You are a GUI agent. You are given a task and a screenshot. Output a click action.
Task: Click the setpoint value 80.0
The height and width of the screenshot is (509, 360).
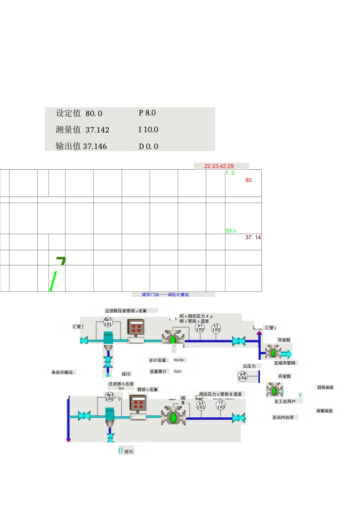(x=94, y=114)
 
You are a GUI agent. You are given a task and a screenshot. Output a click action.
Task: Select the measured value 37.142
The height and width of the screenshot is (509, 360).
(x=97, y=130)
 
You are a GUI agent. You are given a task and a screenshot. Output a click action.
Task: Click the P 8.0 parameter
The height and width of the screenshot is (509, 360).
(x=147, y=113)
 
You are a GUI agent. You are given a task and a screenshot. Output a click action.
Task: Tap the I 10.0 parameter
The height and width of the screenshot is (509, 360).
(x=148, y=130)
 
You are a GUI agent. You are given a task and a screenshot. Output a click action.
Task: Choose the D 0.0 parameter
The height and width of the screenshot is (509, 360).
(x=148, y=147)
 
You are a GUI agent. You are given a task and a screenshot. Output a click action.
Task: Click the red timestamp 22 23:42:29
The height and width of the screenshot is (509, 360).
(x=219, y=166)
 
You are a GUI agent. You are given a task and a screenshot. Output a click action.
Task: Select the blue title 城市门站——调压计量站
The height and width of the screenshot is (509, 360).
(x=165, y=295)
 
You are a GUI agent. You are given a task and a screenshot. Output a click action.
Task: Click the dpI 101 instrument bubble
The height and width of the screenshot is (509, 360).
(x=108, y=322)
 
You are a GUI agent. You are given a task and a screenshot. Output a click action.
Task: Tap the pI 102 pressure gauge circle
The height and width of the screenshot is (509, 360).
(x=200, y=328)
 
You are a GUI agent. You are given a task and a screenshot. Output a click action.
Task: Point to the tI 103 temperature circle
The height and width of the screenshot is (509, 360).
(x=221, y=405)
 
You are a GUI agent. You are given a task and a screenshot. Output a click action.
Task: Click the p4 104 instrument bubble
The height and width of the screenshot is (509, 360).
(x=242, y=376)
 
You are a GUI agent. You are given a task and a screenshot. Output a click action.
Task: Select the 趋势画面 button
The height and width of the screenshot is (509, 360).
(x=325, y=387)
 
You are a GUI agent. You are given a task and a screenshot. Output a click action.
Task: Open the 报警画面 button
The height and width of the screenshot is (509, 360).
(x=324, y=411)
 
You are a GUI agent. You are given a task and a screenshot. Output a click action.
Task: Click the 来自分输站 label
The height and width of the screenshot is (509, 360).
(x=62, y=373)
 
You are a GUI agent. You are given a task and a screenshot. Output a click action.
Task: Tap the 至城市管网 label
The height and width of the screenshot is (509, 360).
(x=285, y=363)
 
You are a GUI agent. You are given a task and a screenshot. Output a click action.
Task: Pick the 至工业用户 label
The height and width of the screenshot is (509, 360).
(x=285, y=401)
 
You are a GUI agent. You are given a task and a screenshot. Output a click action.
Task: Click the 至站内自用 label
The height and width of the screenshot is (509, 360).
(x=283, y=418)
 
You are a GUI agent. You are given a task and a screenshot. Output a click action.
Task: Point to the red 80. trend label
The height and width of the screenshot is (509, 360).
(x=249, y=180)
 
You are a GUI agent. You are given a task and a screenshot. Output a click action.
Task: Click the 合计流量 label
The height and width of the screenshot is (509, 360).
(x=157, y=361)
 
